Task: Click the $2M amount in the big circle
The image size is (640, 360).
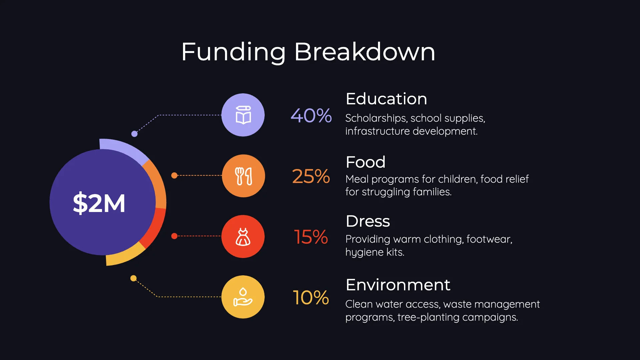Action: [x=99, y=203]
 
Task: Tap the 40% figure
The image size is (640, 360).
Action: [x=311, y=116]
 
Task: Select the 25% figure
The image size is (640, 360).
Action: [x=311, y=176]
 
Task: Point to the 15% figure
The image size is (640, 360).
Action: [x=311, y=237]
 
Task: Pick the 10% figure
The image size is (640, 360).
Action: [x=311, y=297]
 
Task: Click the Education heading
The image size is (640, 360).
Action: [x=386, y=99]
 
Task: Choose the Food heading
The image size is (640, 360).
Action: [x=366, y=162]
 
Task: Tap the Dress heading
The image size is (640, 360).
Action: [x=368, y=221]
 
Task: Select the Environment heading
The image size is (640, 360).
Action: [x=398, y=285]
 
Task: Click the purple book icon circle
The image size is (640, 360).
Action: [x=243, y=115]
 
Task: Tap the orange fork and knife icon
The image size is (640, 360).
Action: [x=244, y=176]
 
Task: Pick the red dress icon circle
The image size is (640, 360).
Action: [x=243, y=236]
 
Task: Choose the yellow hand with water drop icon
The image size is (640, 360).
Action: [x=243, y=297]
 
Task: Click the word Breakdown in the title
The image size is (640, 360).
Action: [x=365, y=52]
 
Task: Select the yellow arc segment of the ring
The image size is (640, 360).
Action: [x=125, y=255]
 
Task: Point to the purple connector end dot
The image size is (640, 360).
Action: [x=134, y=134]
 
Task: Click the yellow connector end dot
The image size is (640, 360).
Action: [x=133, y=278]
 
